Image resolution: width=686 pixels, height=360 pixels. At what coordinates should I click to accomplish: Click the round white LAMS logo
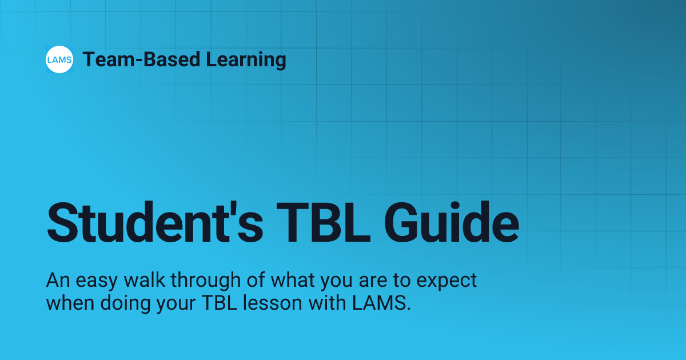[x=59, y=59]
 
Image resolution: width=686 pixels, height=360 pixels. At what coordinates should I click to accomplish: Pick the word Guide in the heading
[x=458, y=222]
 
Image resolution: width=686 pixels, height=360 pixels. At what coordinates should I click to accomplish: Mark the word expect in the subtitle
[x=446, y=281]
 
